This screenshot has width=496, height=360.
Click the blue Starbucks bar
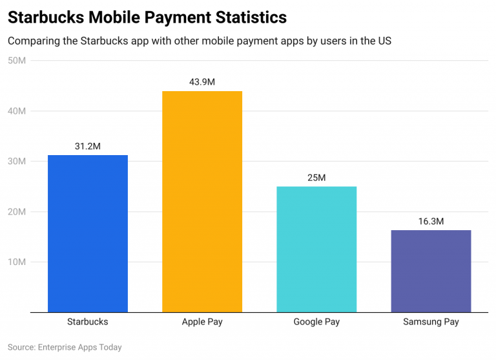tap(88, 233)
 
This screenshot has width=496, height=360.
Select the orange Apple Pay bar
tap(202, 202)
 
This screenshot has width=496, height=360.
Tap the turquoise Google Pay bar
tap(316, 249)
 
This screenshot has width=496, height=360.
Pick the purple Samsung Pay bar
tap(431, 271)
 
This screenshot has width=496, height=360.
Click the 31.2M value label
tap(88, 146)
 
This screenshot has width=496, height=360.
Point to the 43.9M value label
tap(202, 82)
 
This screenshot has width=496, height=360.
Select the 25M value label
tap(316, 177)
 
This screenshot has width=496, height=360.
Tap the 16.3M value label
tap(431, 221)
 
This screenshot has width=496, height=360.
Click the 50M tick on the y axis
tap(17, 61)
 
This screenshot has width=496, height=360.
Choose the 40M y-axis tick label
tap(17, 111)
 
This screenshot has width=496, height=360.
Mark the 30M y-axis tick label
tap(17, 162)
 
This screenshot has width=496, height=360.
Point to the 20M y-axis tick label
tap(17, 212)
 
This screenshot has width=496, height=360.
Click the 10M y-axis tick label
tap(17, 262)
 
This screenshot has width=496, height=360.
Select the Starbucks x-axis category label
tap(88, 321)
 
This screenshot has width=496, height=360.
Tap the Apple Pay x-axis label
tap(202, 321)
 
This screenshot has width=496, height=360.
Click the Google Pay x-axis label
tap(316, 321)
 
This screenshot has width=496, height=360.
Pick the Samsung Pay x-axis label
tap(431, 321)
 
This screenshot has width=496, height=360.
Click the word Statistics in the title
tap(248, 17)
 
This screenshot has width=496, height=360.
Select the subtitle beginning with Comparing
tap(200, 41)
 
